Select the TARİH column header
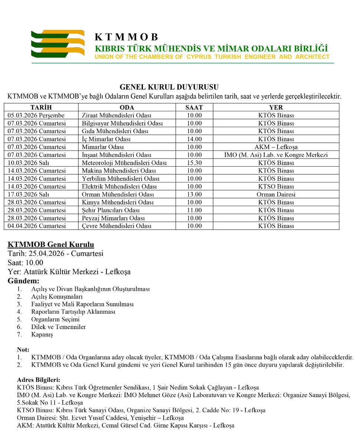pyautogui.click(x=41, y=108)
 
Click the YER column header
pyautogui.click(x=276, y=108)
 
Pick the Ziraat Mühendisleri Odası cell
pyautogui.click(x=116, y=115)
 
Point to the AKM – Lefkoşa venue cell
pyautogui.click(x=276, y=147)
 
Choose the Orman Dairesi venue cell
pyautogui.click(x=276, y=194)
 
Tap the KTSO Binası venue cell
pyautogui.click(x=276, y=187)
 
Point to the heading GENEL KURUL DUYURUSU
pyautogui.click(x=169, y=87)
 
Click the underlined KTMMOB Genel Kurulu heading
pyautogui.click(x=51, y=245)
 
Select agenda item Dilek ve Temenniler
pyautogui.click(x=59, y=327)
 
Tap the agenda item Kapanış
pyautogui.click(x=42, y=335)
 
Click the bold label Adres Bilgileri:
pyautogui.click(x=39, y=380)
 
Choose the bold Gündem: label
pyautogui.click(x=23, y=281)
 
